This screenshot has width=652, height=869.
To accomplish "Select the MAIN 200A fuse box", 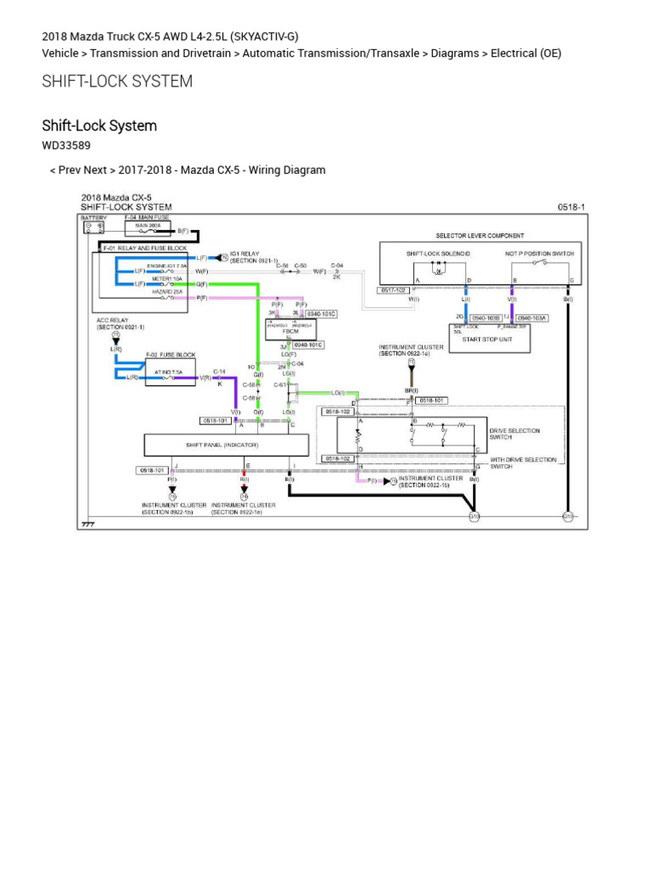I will pos(149,229).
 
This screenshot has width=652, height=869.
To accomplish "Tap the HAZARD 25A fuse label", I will pos(166,291).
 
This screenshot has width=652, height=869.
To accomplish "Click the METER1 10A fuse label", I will pos(166,278).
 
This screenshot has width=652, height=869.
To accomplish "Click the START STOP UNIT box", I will pos(489,338).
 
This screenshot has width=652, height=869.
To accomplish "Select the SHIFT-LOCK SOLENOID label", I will pos(438,254).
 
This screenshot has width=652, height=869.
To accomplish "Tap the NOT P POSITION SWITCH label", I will pos(539,254).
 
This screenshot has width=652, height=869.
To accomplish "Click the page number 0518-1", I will pos(570,207).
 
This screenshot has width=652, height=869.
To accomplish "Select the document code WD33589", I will pos(66,145).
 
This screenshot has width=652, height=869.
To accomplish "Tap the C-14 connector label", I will pos(219,371).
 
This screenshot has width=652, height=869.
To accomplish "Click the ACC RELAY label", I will pos(119,322).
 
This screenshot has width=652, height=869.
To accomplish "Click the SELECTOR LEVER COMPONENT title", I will pos(480,235).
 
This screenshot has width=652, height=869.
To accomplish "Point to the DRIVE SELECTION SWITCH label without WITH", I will pos(514,434).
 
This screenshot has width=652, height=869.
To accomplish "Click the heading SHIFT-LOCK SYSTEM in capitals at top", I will pos(117,81).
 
